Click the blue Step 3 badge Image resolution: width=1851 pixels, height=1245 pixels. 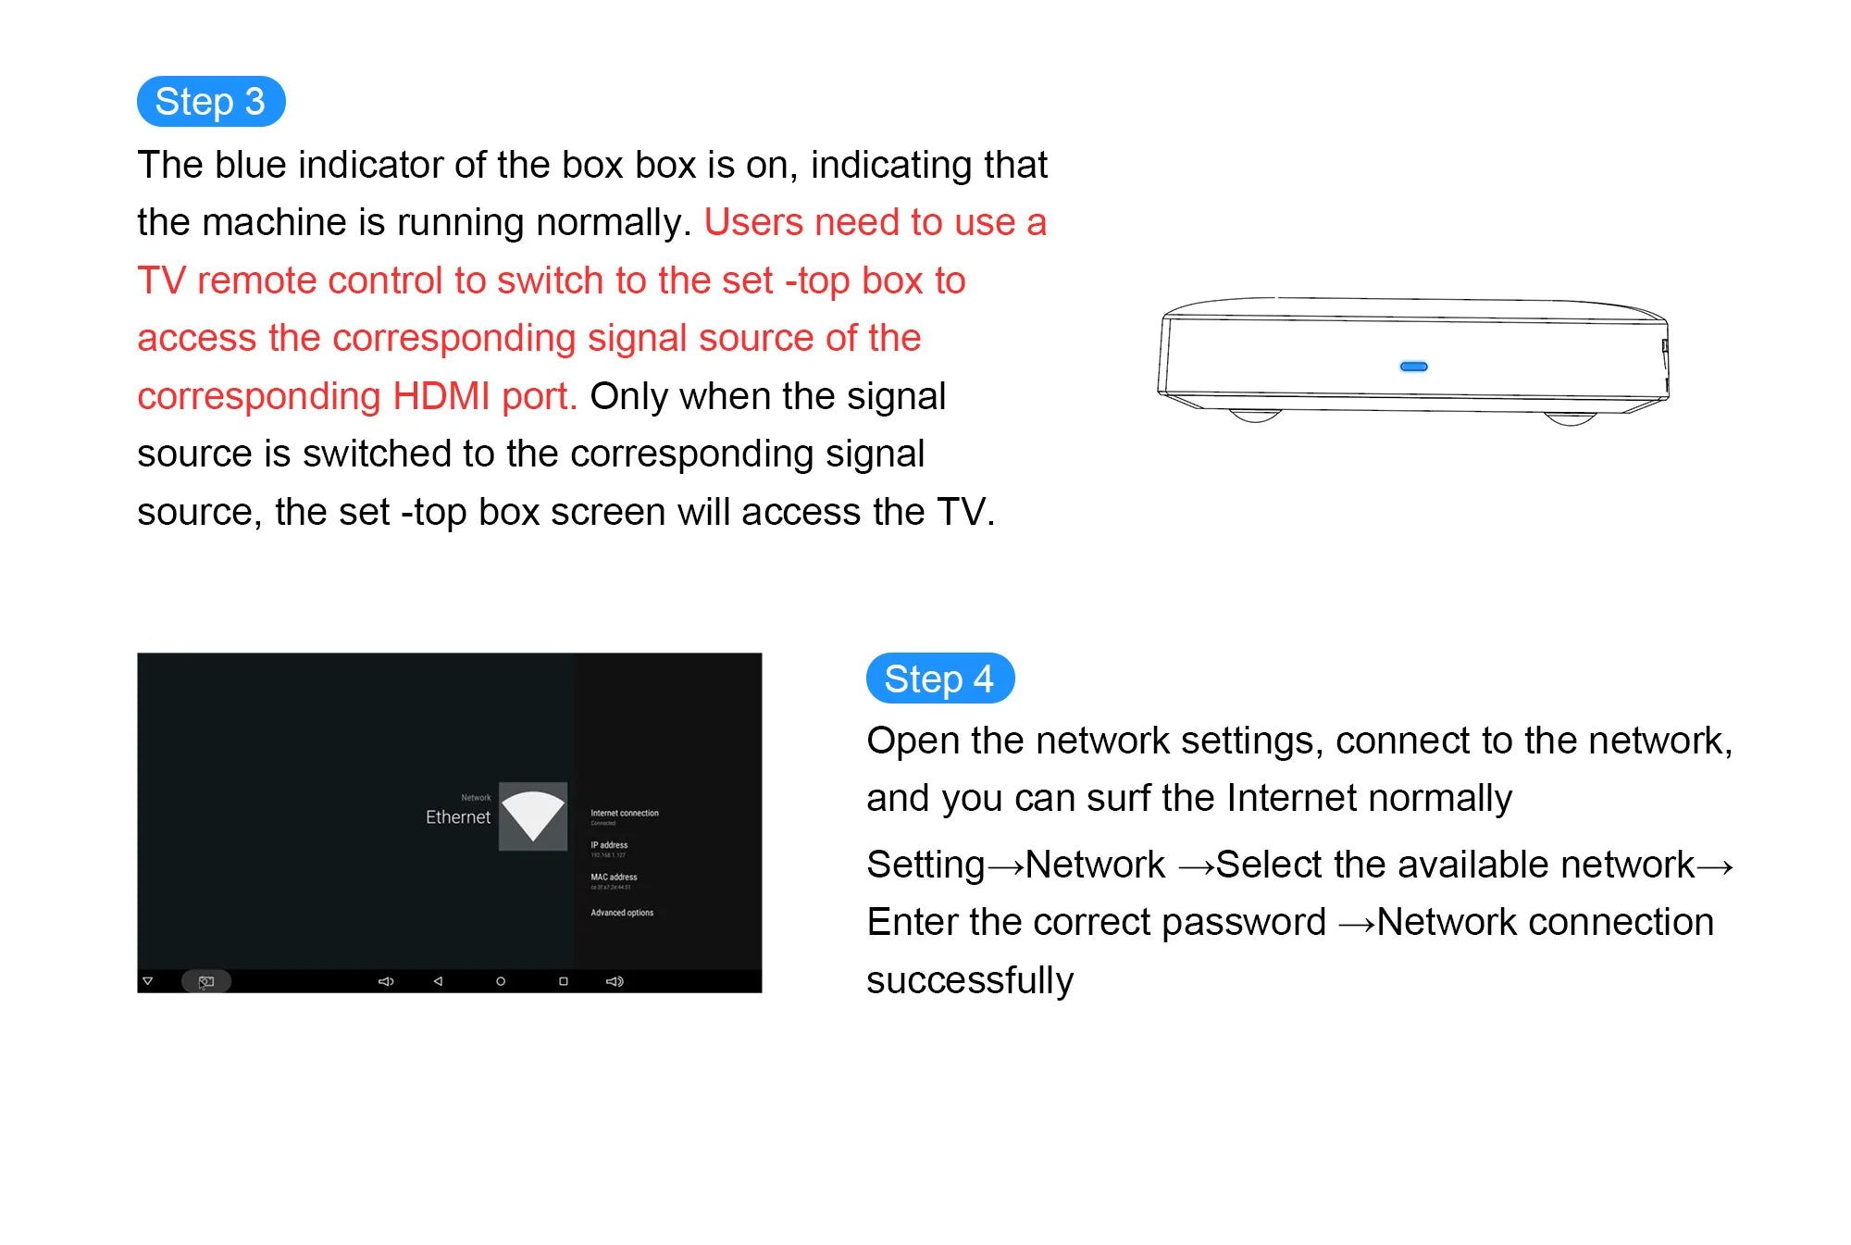[x=210, y=101]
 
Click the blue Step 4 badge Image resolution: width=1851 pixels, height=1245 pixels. [x=939, y=679]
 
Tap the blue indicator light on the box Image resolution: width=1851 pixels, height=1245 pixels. [x=1413, y=367]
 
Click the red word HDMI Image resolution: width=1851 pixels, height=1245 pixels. [x=441, y=396]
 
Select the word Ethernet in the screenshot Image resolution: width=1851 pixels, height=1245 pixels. [x=457, y=817]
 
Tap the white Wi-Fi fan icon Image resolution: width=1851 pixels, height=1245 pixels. [x=532, y=815]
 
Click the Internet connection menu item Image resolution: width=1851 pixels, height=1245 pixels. [x=625, y=814]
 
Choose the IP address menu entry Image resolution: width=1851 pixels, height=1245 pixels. [x=609, y=845]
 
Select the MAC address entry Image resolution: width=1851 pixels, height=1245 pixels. [x=614, y=878]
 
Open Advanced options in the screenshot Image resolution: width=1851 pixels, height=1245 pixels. [x=622, y=913]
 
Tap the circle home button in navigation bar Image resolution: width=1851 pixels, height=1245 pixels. [x=501, y=981]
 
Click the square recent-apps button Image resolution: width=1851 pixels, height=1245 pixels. [x=564, y=981]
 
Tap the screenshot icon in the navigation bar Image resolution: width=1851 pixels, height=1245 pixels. [x=205, y=981]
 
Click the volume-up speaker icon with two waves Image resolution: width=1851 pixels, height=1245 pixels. [x=615, y=981]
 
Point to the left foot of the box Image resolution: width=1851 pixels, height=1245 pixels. [x=1255, y=417]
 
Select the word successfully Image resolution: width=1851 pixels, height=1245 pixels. [x=970, y=980]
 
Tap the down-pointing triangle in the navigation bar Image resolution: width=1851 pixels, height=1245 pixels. [x=147, y=981]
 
